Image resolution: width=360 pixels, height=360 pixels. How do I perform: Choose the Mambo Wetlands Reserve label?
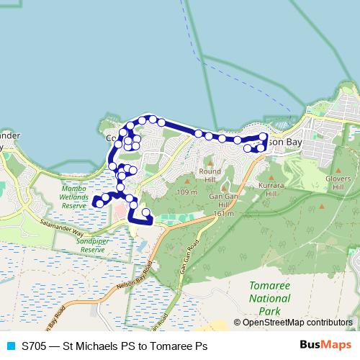tap(74, 197)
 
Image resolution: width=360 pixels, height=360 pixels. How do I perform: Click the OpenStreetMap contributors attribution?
tap(297, 323)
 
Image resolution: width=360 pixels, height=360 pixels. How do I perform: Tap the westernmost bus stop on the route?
tap(98, 204)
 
